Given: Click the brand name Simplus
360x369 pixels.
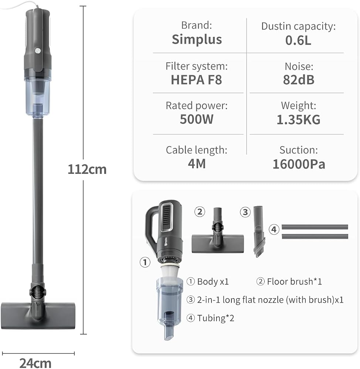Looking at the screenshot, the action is point(197,39).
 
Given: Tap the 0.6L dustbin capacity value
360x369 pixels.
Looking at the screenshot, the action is point(298,40).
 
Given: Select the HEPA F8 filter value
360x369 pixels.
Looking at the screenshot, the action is point(196,80).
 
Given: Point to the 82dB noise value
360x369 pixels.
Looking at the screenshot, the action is point(299,80).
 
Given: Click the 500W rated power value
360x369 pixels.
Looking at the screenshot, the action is point(197,119).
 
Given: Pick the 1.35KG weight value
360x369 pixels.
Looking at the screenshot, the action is point(299,120).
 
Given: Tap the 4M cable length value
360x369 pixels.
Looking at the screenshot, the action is point(197,164).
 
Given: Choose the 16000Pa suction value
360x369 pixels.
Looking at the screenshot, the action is point(299,164).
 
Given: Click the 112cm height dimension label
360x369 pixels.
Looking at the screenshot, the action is point(87,169).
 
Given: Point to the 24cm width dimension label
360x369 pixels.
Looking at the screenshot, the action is point(35,363).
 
